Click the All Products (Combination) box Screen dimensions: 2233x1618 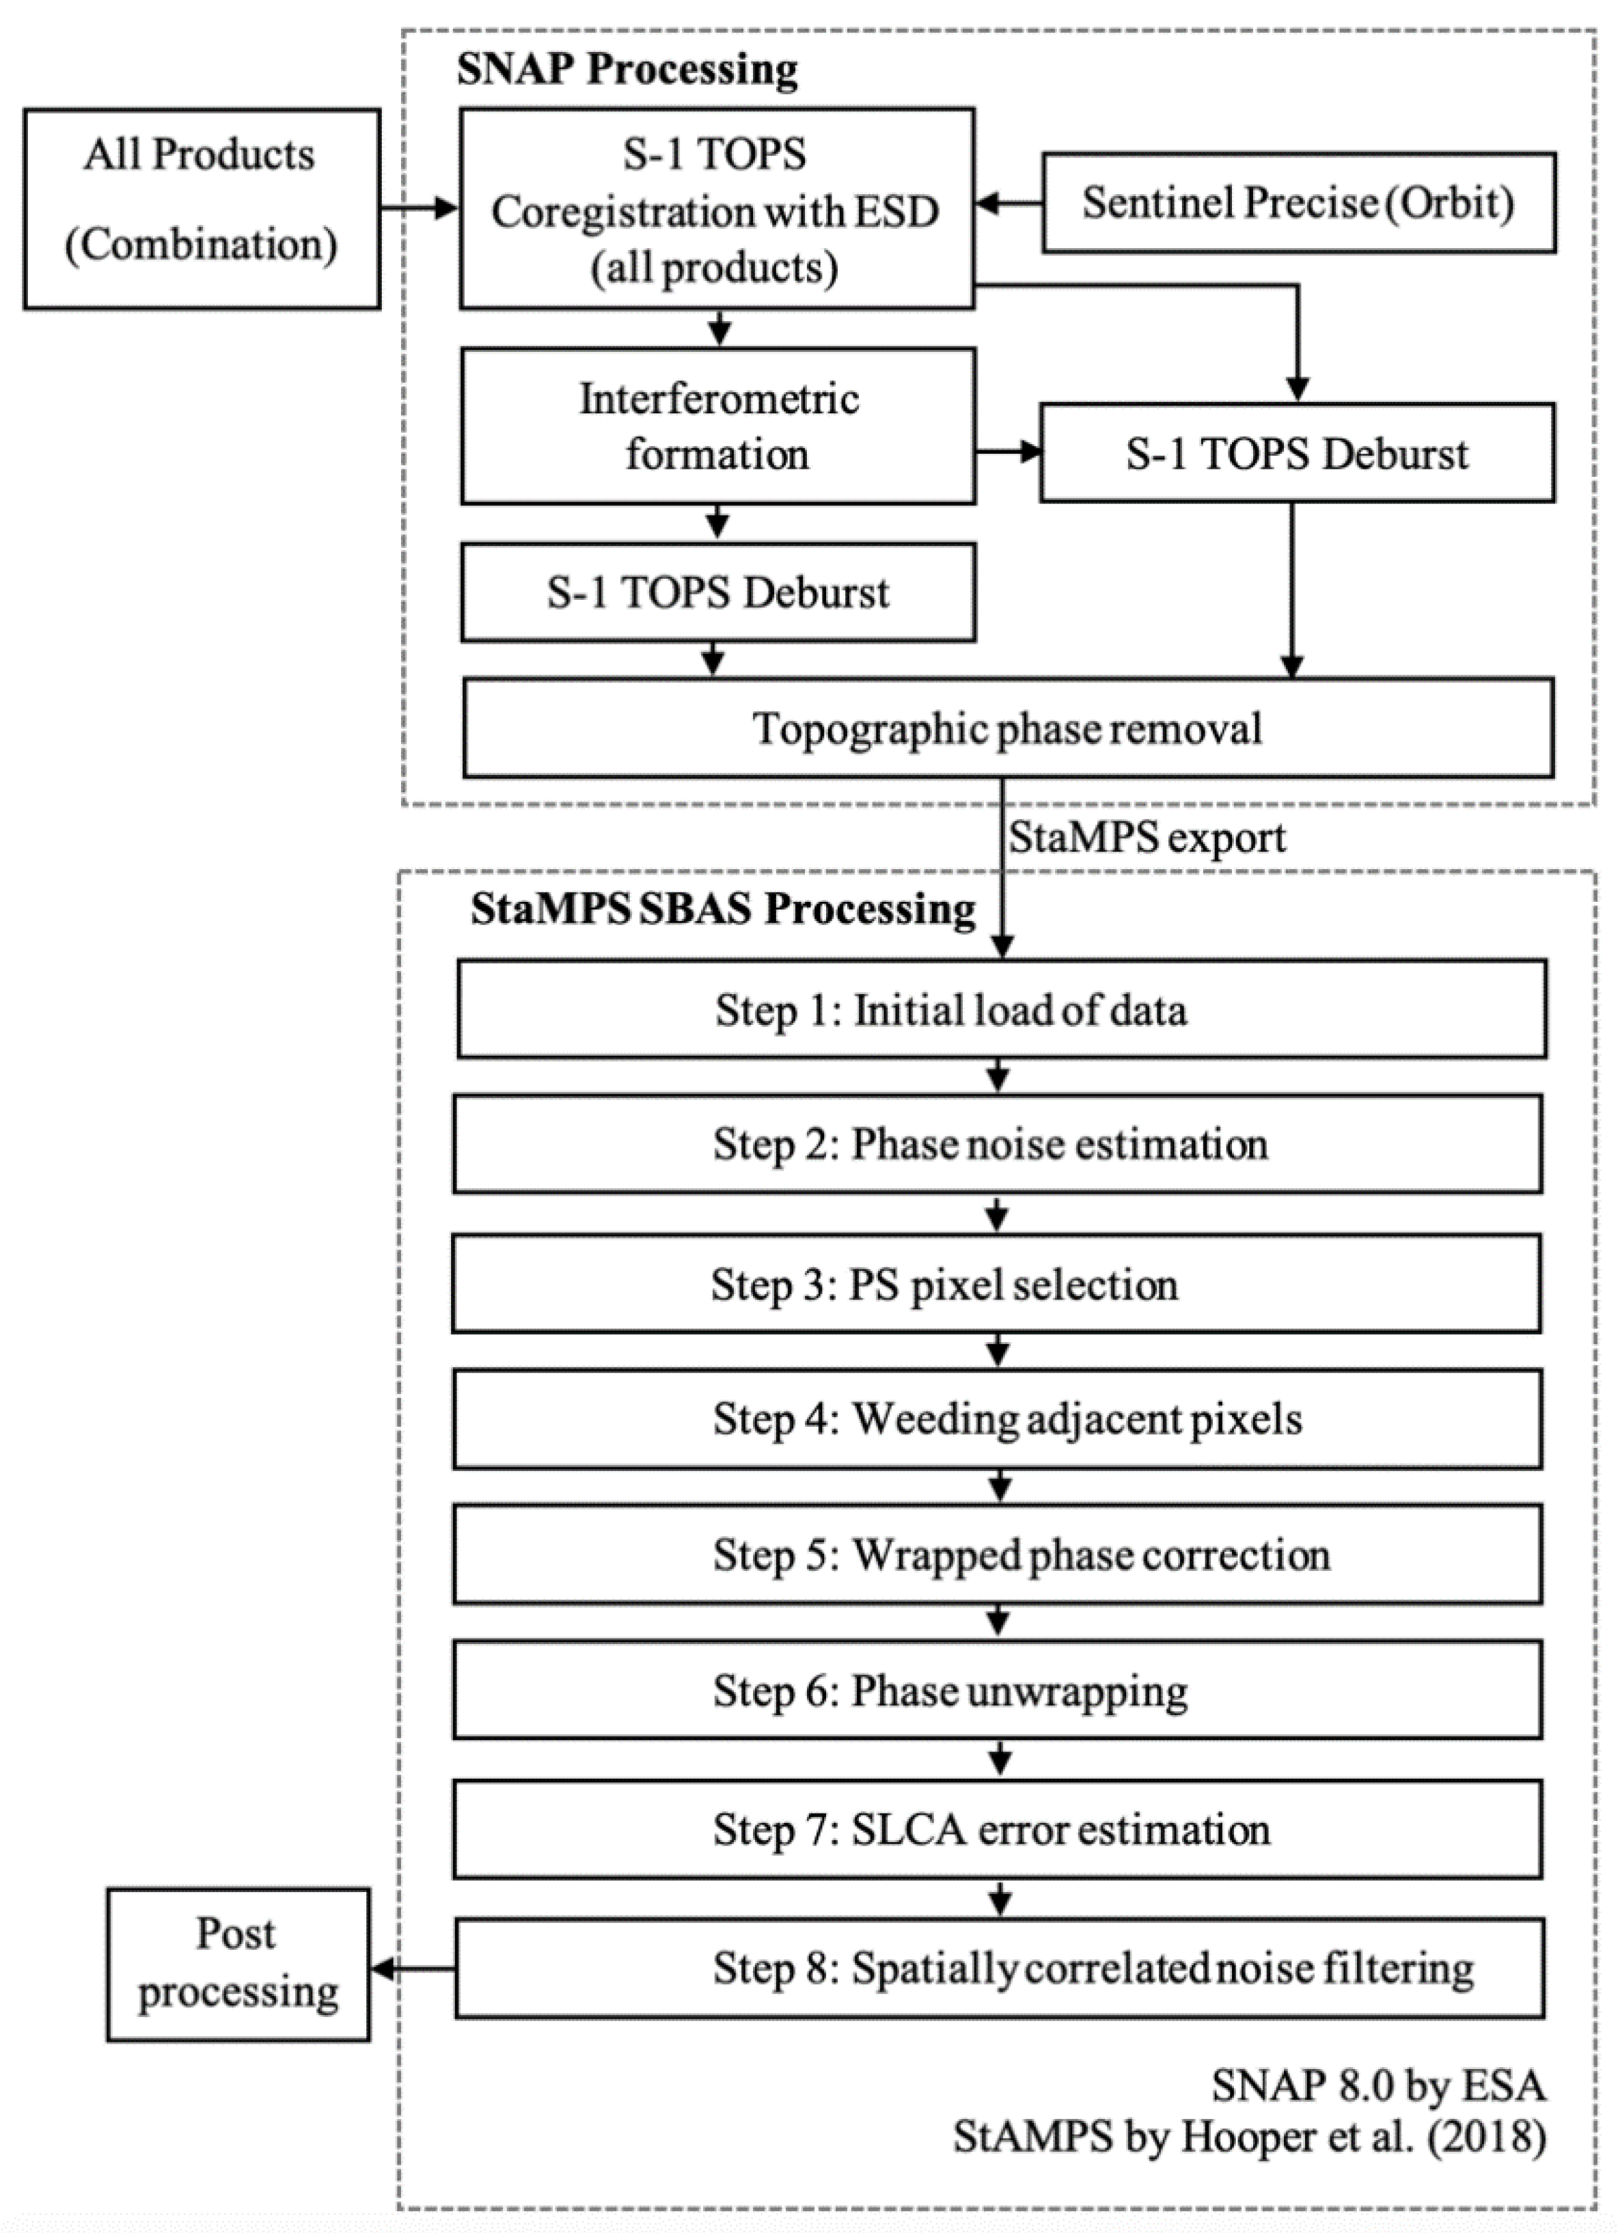(x=202, y=208)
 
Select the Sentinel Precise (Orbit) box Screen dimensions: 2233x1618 (x=1298, y=203)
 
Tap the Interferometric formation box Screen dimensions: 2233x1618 (x=718, y=426)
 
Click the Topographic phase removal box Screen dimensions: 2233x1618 (x=1007, y=728)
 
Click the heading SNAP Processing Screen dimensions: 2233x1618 (x=627, y=70)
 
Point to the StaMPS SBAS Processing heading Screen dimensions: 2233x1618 (x=723, y=909)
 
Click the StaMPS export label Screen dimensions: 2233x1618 (x=1147, y=838)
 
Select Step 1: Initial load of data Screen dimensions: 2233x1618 (x=1000, y=1010)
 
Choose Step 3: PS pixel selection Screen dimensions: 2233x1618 (x=996, y=1285)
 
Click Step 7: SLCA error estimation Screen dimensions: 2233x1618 (x=997, y=1829)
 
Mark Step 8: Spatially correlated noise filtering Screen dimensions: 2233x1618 (x=998, y=1968)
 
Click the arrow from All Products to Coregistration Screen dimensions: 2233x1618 (x=420, y=208)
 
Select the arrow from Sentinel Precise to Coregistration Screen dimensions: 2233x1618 (x=1009, y=204)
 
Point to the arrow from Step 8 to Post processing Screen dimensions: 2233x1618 (x=411, y=1969)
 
